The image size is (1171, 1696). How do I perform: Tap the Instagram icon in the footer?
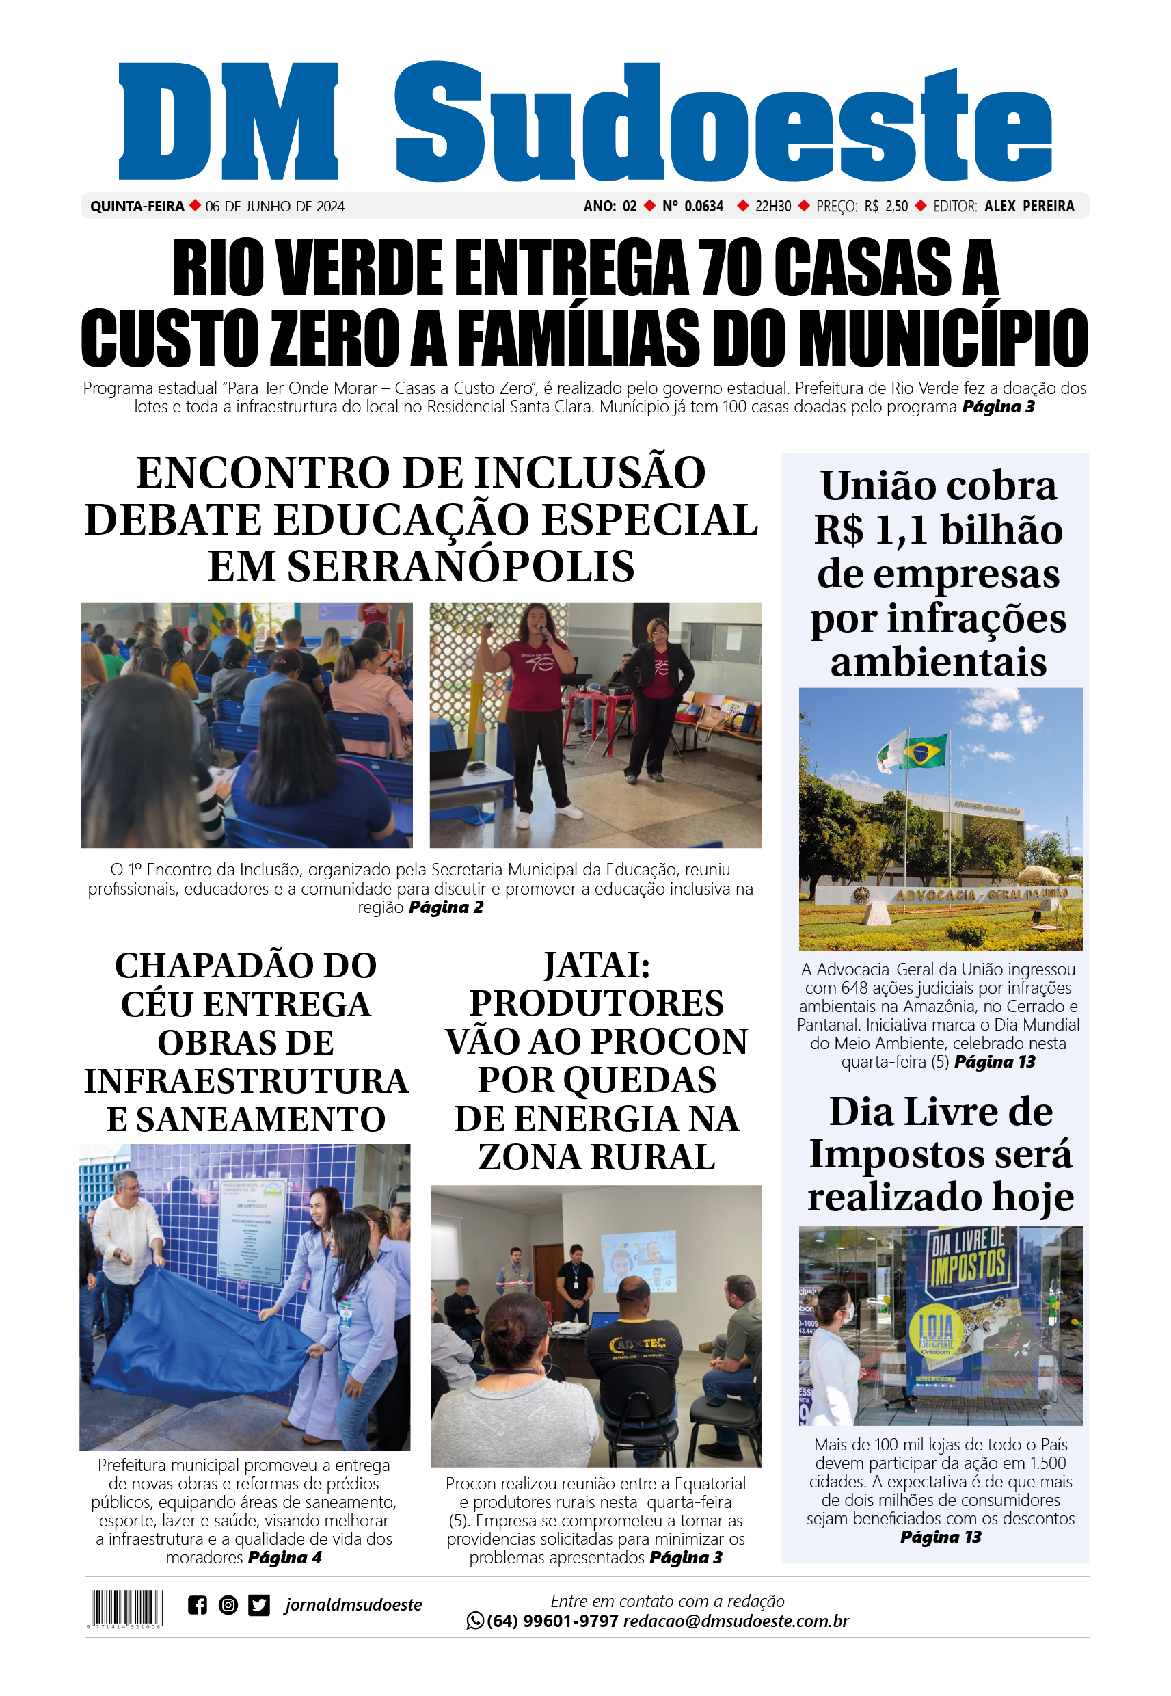click(228, 1605)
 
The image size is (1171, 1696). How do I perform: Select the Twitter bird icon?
click(259, 1605)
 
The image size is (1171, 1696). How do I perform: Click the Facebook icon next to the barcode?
click(198, 1605)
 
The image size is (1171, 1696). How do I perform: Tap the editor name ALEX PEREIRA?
click(1029, 207)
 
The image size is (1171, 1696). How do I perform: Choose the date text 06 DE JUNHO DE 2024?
click(274, 207)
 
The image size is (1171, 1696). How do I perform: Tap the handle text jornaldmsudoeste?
click(353, 1605)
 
